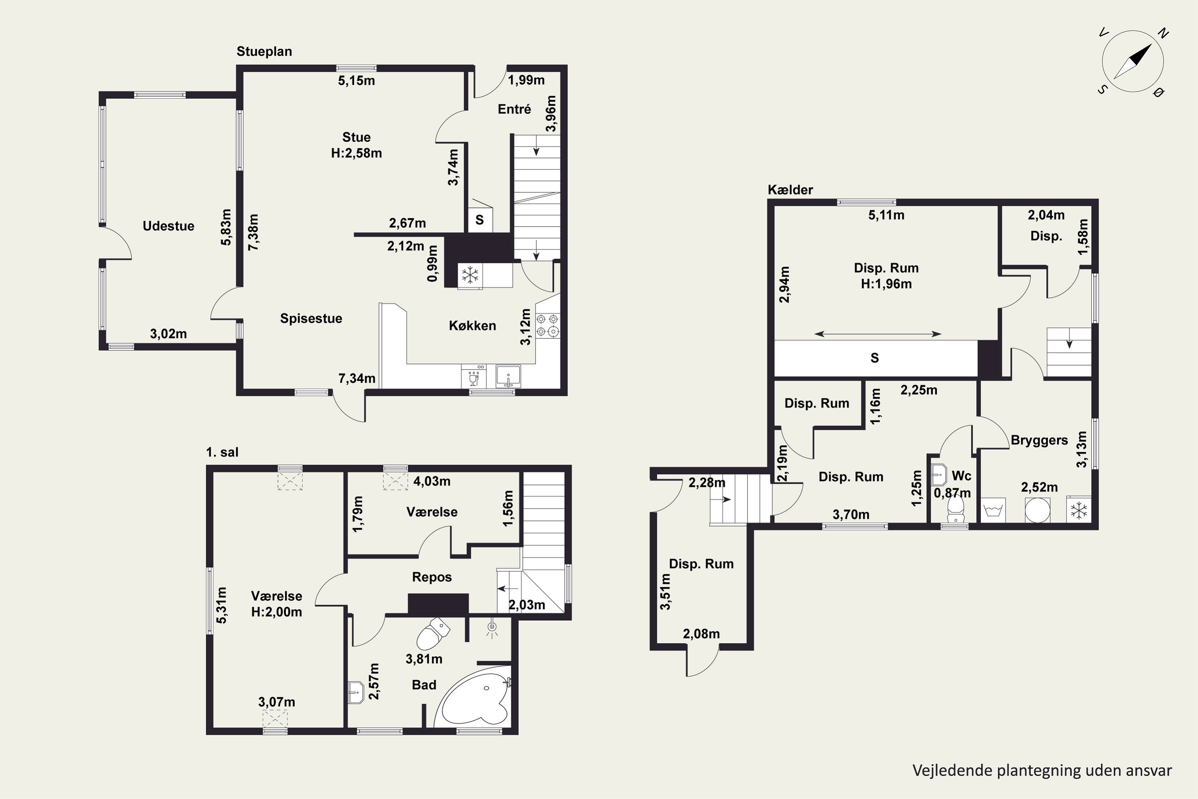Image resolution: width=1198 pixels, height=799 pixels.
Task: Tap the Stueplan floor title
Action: click(x=264, y=52)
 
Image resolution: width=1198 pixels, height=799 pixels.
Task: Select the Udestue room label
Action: click(x=168, y=226)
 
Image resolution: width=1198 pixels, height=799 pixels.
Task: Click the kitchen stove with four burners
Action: click(x=547, y=326)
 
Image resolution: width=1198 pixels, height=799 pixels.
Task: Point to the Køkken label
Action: click(x=472, y=326)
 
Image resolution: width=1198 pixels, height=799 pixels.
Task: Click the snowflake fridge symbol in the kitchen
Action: click(x=470, y=276)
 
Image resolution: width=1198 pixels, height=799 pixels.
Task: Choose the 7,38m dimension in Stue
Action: click(x=253, y=232)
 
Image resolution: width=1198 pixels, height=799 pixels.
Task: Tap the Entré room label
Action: click(x=514, y=109)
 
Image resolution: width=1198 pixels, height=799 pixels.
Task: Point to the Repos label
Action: click(x=432, y=577)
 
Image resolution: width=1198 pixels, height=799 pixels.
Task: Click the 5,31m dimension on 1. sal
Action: click(x=222, y=605)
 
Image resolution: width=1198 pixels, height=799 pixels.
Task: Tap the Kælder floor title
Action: click(x=791, y=189)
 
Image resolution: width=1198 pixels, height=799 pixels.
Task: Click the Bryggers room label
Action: click(x=1039, y=440)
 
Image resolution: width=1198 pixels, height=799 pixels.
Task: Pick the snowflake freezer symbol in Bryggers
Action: click(x=1079, y=510)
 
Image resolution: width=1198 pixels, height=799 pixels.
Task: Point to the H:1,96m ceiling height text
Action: click(x=886, y=284)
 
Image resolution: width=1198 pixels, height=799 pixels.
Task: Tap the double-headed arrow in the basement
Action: click(x=878, y=334)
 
